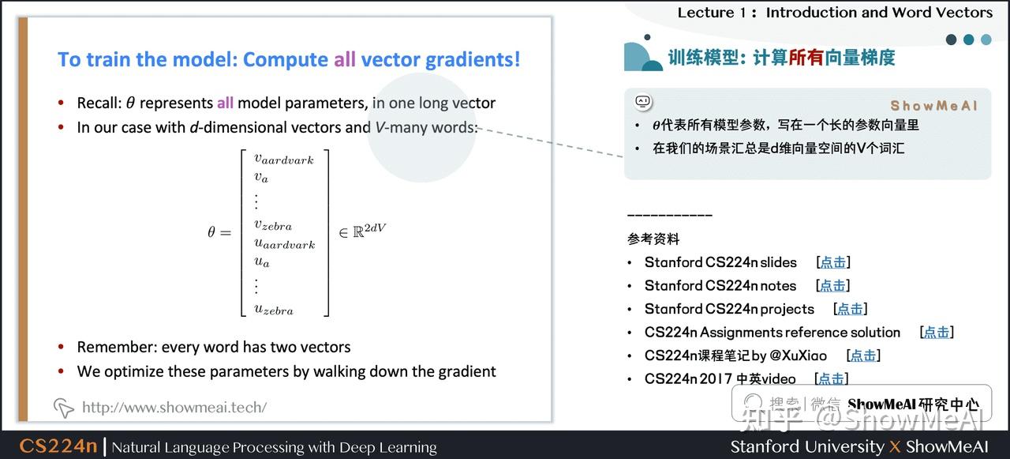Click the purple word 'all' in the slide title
[x=344, y=60]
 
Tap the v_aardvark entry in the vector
[x=283, y=160]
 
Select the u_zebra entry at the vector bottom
[x=273, y=310]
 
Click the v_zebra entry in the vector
[x=272, y=225]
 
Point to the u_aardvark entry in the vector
[x=284, y=244]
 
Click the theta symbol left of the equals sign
[x=211, y=232]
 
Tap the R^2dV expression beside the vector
[x=362, y=231]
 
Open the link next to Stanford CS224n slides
[x=832, y=262]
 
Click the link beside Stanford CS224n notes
[x=832, y=286]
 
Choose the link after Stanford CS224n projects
[x=850, y=309]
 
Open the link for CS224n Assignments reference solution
[x=937, y=333]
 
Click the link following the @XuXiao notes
[x=862, y=356]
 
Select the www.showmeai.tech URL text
[x=174, y=408]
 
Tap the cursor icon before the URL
[x=63, y=408]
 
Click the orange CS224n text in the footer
[x=58, y=446]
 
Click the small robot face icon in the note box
[x=642, y=102]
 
